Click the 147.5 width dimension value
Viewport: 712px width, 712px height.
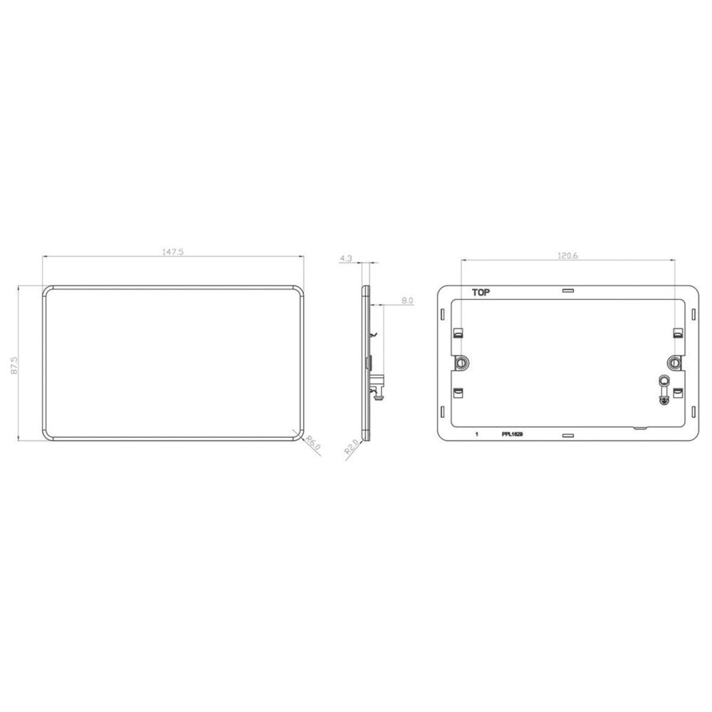tap(173, 252)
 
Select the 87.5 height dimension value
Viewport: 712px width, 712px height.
tap(14, 365)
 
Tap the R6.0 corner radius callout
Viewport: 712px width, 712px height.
tap(313, 443)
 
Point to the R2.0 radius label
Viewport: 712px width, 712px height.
tap(352, 447)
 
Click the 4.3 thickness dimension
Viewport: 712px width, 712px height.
tap(345, 258)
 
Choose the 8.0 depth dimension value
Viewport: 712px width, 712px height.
tap(407, 300)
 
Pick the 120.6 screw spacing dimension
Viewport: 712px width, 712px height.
tap(567, 256)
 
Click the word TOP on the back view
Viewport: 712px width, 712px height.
tap(481, 293)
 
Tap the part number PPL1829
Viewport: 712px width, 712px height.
tap(512, 434)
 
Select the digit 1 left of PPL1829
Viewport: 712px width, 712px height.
tap(476, 434)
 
